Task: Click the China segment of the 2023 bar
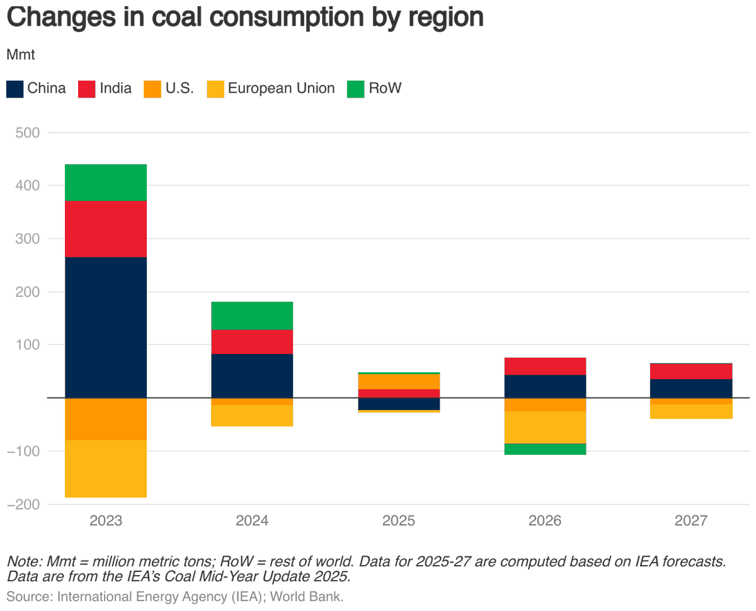click(x=106, y=327)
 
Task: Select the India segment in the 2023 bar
click(x=106, y=229)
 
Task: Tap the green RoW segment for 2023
click(x=106, y=183)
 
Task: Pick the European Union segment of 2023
click(x=106, y=469)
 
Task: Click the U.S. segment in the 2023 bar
click(x=106, y=419)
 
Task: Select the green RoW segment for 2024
click(x=252, y=316)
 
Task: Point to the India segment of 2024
click(x=252, y=341)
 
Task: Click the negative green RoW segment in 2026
click(x=545, y=449)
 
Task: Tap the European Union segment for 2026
click(x=545, y=427)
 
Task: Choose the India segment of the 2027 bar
click(x=691, y=371)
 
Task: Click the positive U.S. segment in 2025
click(x=399, y=381)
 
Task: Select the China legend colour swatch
click(x=14, y=89)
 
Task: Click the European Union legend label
click(x=281, y=88)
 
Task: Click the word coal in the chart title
click(x=183, y=17)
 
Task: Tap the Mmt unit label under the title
click(x=20, y=54)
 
